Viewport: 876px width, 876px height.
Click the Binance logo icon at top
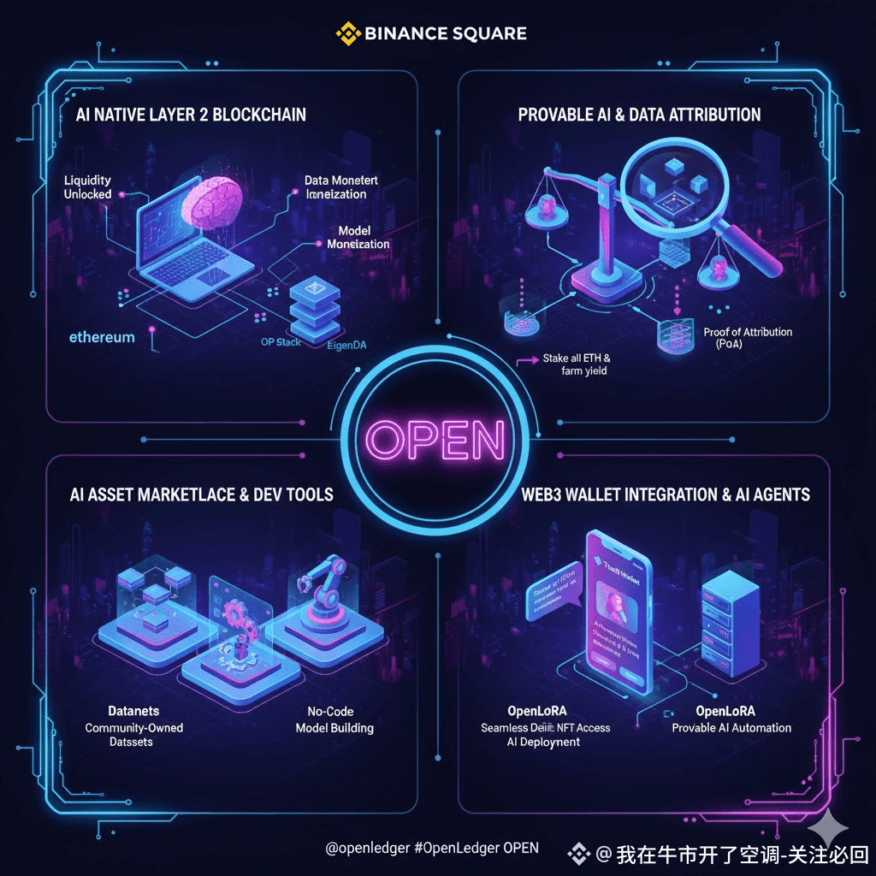pyautogui.click(x=346, y=34)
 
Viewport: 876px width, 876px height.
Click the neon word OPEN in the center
pyautogui.click(x=436, y=440)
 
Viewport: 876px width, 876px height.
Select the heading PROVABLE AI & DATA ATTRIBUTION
pyautogui.click(x=639, y=114)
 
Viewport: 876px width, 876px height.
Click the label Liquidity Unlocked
pyautogui.click(x=87, y=188)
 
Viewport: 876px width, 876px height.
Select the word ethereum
pyautogui.click(x=102, y=337)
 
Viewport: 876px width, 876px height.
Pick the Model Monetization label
pyautogui.click(x=358, y=238)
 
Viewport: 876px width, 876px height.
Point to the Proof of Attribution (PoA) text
pyautogui.click(x=747, y=337)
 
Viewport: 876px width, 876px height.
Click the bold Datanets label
pyautogui.click(x=133, y=711)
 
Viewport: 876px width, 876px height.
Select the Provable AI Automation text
pyautogui.click(x=731, y=728)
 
